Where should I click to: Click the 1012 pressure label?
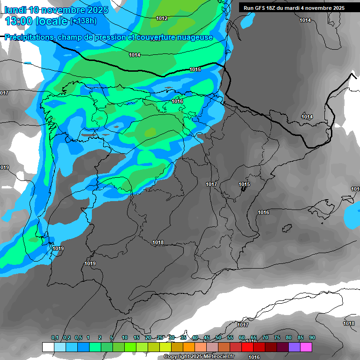coord(162,18)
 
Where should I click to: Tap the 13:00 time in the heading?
coord(20,21)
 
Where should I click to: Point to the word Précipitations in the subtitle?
coord(30,37)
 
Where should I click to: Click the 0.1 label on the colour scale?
coord(55,338)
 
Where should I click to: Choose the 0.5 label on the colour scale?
coord(78,338)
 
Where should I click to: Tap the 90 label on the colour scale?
coord(312,338)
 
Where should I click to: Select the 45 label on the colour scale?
coord(207,338)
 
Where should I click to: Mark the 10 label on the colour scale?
coord(125,338)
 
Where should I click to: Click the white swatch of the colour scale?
coord(48,347)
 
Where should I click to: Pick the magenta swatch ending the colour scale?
coord(306,347)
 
